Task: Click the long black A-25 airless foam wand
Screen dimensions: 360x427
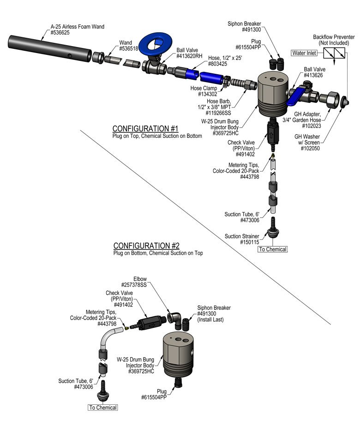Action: (49, 48)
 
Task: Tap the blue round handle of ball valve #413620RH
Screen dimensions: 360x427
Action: (156, 45)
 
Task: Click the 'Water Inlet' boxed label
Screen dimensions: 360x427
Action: (304, 53)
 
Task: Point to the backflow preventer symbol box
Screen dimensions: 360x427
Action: (334, 53)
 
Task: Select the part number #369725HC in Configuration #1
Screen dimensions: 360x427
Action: (225, 133)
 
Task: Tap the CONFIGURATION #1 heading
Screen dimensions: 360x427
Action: (145, 129)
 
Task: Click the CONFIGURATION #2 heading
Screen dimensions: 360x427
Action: (146, 246)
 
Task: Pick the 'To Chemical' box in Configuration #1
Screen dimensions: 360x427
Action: (272, 249)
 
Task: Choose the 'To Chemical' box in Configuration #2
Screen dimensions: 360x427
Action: (103, 407)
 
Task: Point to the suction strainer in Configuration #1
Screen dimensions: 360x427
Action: (273, 228)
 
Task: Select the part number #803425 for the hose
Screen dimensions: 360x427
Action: (217, 64)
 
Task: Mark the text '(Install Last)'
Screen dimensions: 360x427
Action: (210, 320)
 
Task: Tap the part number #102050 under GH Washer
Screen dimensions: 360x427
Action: (310, 148)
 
